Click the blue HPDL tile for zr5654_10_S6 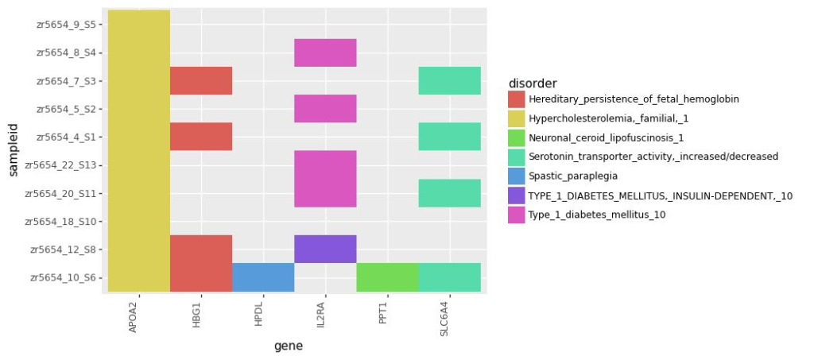263,277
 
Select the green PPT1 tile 387,277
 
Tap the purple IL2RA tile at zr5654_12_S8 325,249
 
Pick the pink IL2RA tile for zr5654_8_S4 325,52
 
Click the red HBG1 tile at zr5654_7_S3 201,80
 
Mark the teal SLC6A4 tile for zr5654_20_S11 449,193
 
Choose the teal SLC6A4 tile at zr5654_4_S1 449,137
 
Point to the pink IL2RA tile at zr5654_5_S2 325,109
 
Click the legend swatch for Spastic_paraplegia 517,176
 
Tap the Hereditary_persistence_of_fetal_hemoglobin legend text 634,99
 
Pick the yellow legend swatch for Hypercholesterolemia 517,118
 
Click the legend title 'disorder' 532,83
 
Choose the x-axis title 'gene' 288,346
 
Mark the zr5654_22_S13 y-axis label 63,165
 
